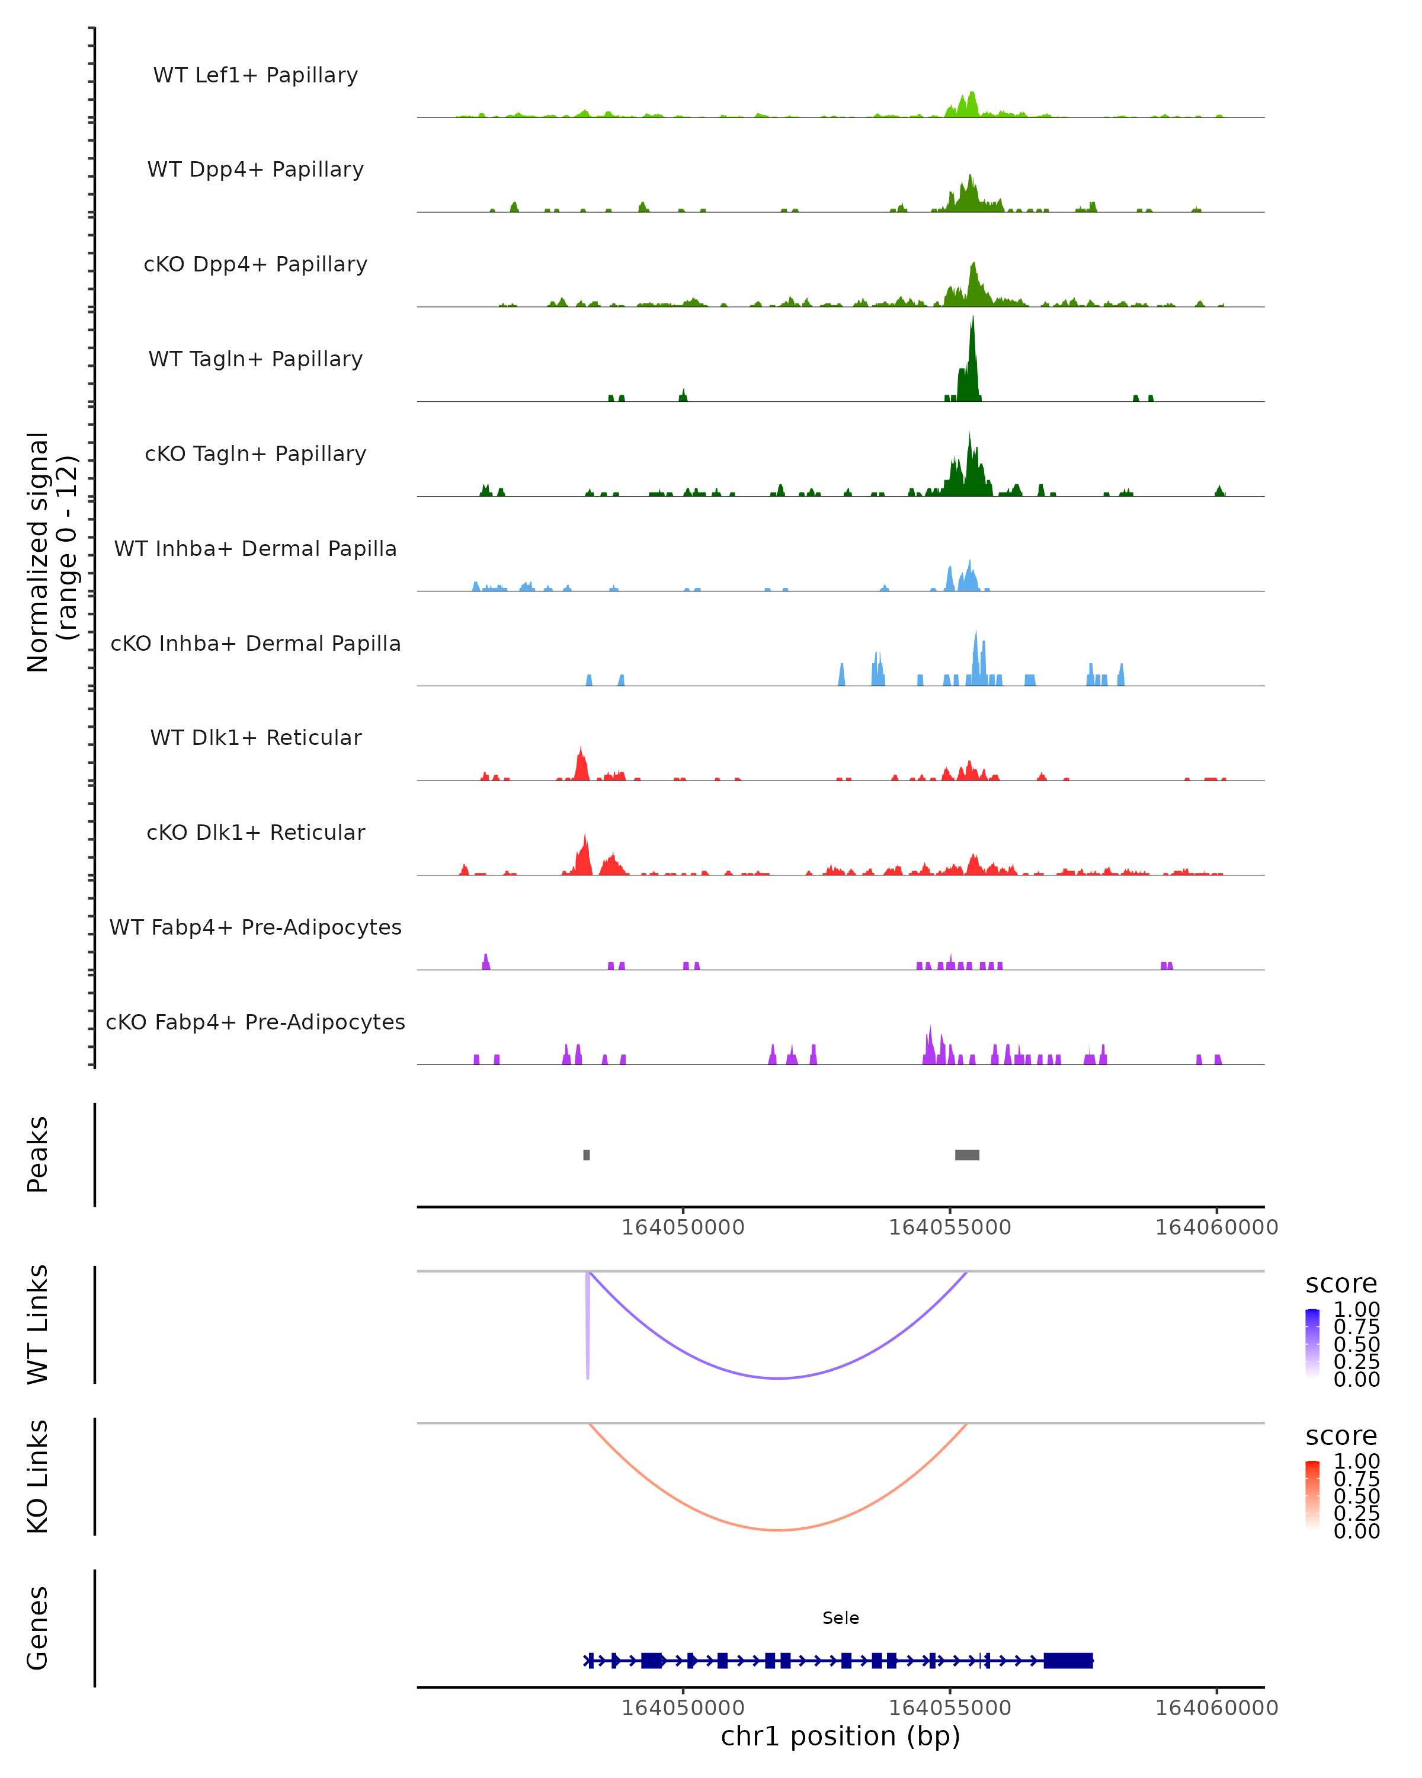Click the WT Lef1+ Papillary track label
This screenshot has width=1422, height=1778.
pos(255,75)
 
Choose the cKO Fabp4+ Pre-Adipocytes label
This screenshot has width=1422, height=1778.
pos(255,1022)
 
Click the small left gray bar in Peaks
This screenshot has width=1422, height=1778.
pos(586,1155)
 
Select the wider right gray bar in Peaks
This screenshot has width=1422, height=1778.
pos(967,1155)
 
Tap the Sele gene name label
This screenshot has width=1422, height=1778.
pos(840,1618)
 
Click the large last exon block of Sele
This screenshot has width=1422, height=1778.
pos(1068,1661)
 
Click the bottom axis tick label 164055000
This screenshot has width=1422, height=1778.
pos(950,1708)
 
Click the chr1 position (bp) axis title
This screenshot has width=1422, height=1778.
pos(840,1737)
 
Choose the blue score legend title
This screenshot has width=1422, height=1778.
pos(1341,1284)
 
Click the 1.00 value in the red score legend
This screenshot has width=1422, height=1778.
pos(1357,1462)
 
